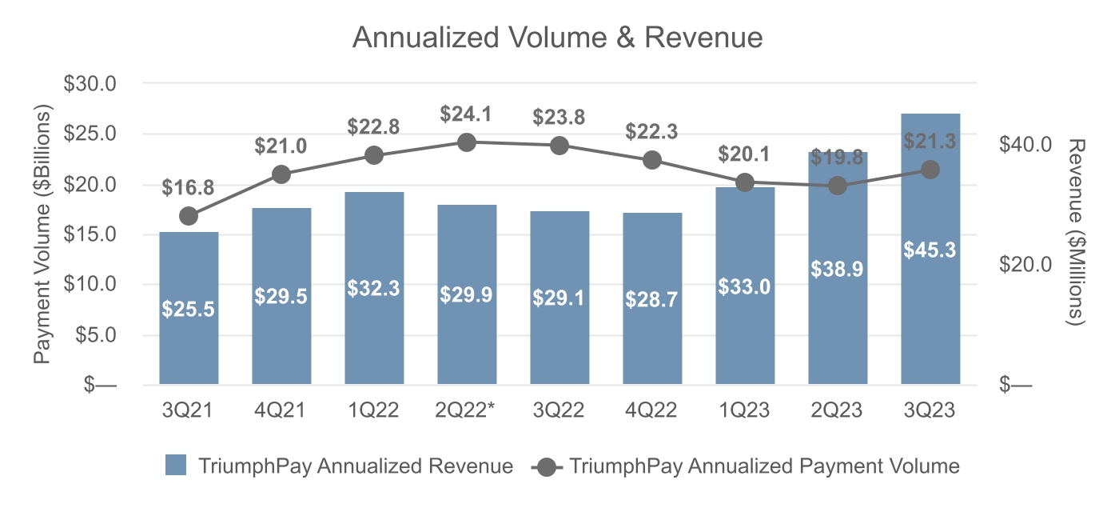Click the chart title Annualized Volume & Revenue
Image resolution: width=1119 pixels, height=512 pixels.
coord(557,38)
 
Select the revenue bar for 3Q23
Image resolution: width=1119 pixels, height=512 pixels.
coord(930,304)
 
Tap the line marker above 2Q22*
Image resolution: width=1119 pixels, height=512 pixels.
coord(467,142)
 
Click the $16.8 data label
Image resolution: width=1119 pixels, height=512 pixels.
coord(188,188)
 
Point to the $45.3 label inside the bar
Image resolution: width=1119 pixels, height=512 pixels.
coord(930,250)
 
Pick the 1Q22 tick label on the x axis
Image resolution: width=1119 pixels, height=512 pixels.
coord(374,411)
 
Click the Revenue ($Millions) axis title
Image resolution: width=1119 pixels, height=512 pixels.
coord(1077,232)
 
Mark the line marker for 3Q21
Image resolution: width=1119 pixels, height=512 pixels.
coord(189,216)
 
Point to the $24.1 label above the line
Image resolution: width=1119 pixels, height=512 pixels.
coord(466,114)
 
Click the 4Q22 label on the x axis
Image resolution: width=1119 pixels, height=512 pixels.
coord(652,411)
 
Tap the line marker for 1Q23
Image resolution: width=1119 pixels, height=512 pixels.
coord(745,182)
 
